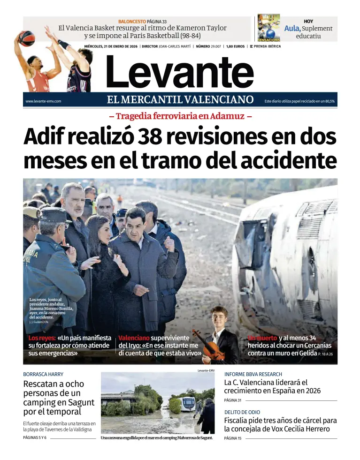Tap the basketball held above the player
(x=27, y=38)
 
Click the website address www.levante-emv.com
(x=43, y=101)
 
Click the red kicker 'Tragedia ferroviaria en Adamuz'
(x=180, y=116)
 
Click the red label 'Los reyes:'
(x=42, y=338)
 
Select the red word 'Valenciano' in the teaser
(x=134, y=338)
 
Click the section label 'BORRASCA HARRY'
(x=43, y=374)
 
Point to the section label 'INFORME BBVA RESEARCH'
(x=253, y=374)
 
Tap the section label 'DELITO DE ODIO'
(x=242, y=412)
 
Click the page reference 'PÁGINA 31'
(x=232, y=400)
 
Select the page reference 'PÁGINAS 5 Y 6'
(x=35, y=438)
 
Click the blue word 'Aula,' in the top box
(x=292, y=28)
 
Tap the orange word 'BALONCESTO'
(x=132, y=22)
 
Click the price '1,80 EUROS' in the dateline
(x=235, y=46)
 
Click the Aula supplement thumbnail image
(x=269, y=28)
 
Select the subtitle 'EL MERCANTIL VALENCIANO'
(x=180, y=99)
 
